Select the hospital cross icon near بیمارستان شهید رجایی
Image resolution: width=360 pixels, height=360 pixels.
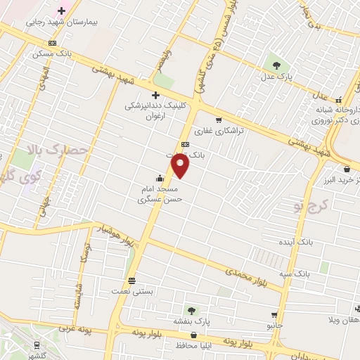point(62,11)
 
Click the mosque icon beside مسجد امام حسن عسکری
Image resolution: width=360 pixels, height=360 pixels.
point(160,177)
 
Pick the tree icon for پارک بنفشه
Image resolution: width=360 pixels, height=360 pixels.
point(190,309)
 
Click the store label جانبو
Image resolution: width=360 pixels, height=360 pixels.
point(274,326)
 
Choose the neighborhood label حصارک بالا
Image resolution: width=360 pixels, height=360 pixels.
point(56,150)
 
